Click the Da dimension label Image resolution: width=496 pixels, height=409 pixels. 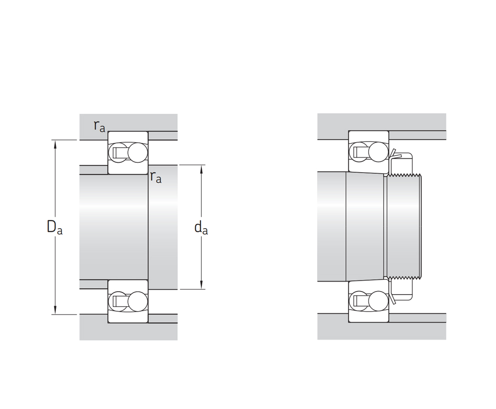click(54, 227)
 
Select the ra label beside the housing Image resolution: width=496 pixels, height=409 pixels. click(99, 126)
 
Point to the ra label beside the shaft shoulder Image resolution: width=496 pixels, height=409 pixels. click(156, 177)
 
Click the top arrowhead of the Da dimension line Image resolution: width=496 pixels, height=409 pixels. click(55, 144)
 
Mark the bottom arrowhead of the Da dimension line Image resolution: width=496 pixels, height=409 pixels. click(55, 310)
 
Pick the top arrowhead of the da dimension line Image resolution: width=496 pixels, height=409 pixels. click(201, 169)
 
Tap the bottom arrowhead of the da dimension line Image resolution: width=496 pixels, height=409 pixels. click(201, 285)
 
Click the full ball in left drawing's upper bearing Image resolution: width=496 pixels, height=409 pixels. click(137, 152)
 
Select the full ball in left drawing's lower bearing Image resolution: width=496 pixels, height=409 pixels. click(137, 301)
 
